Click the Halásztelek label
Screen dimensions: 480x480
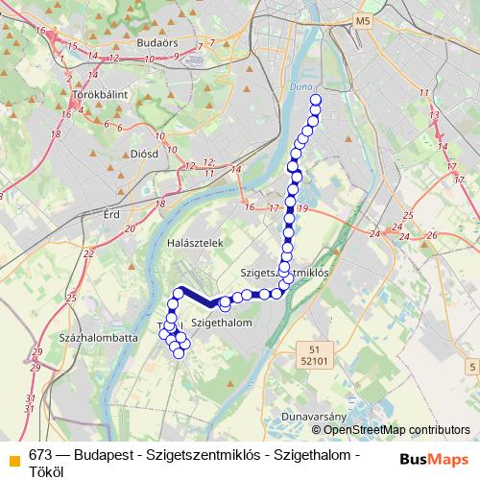(195, 243)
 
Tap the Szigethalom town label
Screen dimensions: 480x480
(221, 324)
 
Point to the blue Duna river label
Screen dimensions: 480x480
(301, 87)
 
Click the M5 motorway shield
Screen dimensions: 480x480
(361, 20)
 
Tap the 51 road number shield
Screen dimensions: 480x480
(306, 348)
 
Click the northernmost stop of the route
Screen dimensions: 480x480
(316, 99)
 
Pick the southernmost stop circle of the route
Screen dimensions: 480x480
(179, 354)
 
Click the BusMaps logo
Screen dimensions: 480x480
(435, 458)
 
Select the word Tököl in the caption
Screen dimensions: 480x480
(47, 471)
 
